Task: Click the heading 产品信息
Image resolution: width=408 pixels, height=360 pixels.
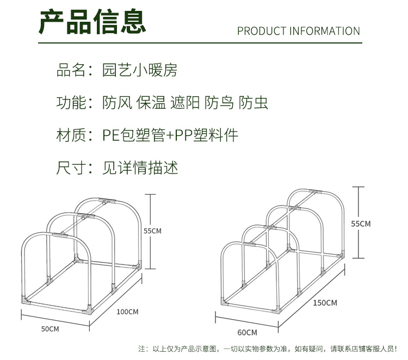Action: pyautogui.click(x=92, y=22)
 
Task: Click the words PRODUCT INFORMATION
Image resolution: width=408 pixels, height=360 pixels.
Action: pyautogui.click(x=299, y=31)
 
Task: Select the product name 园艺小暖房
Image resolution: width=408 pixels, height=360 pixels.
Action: pyautogui.click(x=140, y=70)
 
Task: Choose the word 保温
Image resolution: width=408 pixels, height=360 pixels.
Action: pyautogui.click(x=151, y=103)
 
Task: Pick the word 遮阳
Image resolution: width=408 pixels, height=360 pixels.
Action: pyautogui.click(x=185, y=103)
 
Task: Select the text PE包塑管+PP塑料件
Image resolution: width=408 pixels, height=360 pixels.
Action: pyautogui.click(x=170, y=135)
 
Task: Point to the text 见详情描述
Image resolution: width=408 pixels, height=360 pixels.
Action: pyautogui.click(x=140, y=167)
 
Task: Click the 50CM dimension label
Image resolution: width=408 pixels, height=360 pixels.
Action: pyautogui.click(x=50, y=329)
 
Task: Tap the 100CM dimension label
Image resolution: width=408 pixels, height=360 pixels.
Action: pyautogui.click(x=128, y=312)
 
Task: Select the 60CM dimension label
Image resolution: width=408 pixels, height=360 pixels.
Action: pyautogui.click(x=247, y=332)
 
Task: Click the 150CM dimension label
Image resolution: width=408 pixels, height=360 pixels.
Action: pyautogui.click(x=326, y=302)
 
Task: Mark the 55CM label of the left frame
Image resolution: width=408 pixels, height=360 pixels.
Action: pyautogui.click(x=152, y=231)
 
